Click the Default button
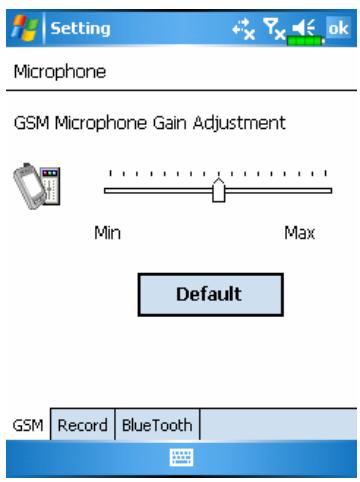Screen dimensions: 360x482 (210, 295)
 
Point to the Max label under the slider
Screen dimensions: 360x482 (298, 233)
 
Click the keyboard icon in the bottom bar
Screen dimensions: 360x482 (180, 456)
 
